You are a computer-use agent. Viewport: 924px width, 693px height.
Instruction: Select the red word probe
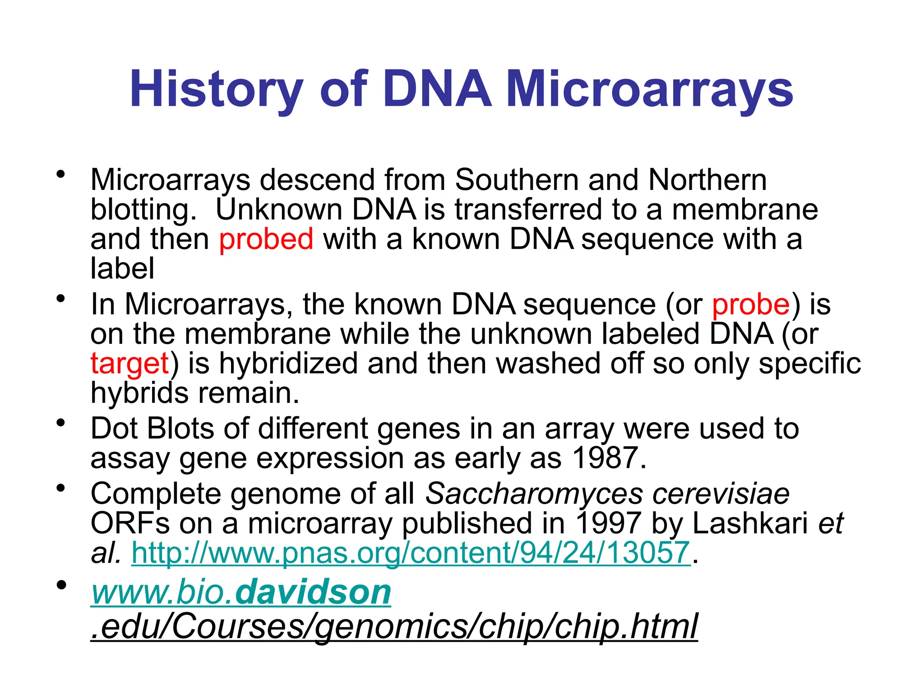pyautogui.click(x=751, y=304)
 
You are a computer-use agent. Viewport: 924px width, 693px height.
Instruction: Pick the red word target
pyautogui.click(x=129, y=364)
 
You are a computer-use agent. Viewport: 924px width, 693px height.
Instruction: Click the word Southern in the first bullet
pyautogui.click(x=516, y=180)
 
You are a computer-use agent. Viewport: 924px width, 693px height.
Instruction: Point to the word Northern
pyautogui.click(x=707, y=180)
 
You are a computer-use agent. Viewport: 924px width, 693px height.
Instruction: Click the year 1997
pyautogui.click(x=608, y=523)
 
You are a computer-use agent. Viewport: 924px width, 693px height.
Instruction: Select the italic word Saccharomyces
pyautogui.click(x=534, y=493)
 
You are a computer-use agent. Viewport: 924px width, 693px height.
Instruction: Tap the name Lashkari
pyautogui.click(x=749, y=523)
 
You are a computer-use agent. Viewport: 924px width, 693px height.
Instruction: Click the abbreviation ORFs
pyautogui.click(x=130, y=523)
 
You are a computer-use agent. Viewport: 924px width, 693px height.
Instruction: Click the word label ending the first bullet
pyautogui.click(x=122, y=268)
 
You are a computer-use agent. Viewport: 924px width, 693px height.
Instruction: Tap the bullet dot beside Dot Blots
pyautogui.click(x=61, y=423)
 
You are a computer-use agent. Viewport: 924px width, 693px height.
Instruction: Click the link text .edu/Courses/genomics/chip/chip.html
pyautogui.click(x=394, y=626)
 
